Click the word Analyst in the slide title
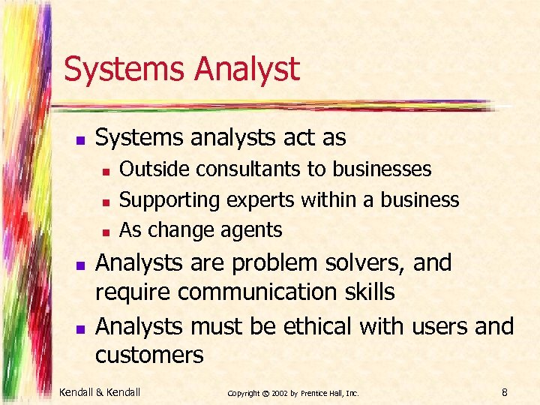coord(247,70)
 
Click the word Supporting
coord(169,199)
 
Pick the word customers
coord(149,355)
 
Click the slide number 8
coord(505,391)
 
